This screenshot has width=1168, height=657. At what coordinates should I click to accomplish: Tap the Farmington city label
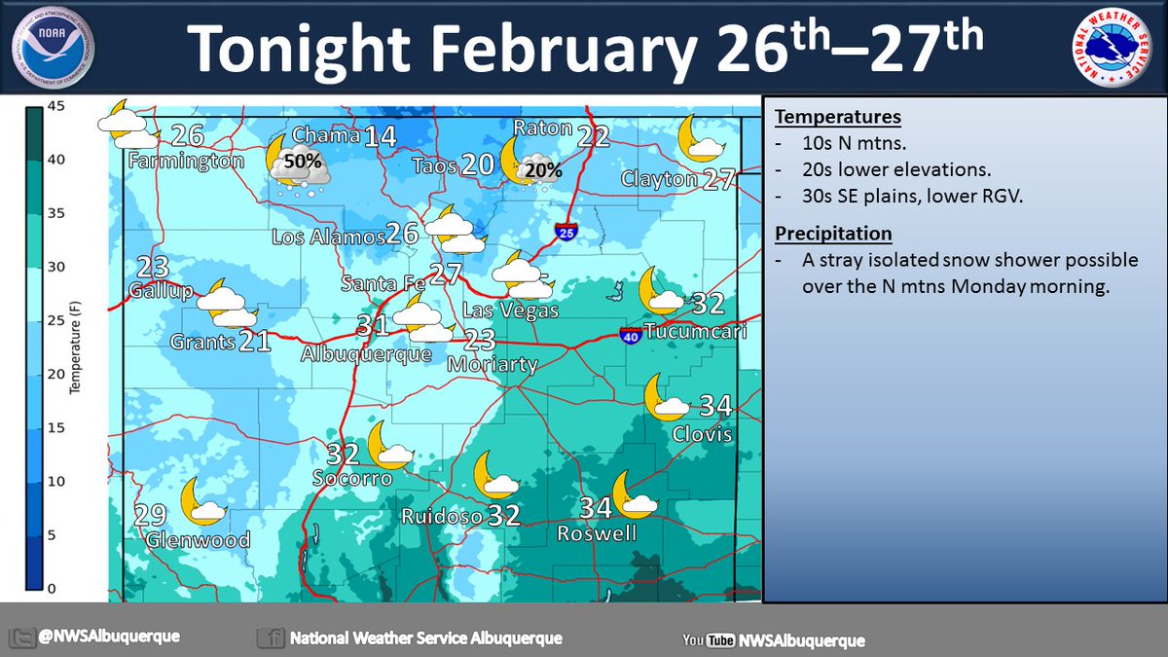point(184,160)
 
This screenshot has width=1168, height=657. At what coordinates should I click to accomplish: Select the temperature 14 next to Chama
point(380,136)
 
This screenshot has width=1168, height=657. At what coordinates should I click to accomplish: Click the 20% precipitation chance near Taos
point(542,170)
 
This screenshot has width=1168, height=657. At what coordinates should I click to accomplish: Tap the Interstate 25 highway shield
point(566,232)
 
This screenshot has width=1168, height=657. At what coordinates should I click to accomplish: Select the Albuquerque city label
point(366,353)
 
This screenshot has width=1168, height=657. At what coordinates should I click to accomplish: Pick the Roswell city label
point(597,533)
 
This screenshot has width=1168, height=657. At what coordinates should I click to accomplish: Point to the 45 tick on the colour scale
point(57,107)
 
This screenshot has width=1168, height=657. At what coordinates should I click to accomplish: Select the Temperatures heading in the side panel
point(838,118)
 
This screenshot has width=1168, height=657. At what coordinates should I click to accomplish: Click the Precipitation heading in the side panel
point(833,234)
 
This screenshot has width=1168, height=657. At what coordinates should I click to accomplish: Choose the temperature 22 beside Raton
point(593,136)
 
